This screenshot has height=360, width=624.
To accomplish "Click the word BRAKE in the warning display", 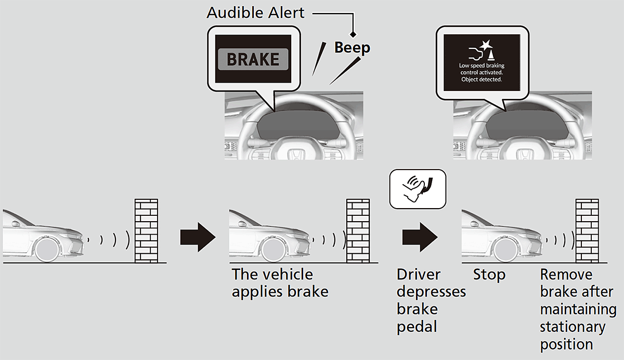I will (253, 59).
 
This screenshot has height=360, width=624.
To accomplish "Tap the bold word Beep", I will (352, 48).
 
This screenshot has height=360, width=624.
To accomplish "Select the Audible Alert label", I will (255, 12).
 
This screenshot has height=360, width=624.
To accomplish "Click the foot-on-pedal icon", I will (417, 187).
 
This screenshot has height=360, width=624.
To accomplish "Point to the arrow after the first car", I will (198, 238).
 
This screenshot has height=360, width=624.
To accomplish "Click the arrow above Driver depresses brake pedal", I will (420, 238).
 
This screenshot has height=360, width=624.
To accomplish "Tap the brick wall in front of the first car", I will (146, 230).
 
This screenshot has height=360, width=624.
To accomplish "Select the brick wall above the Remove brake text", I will (586, 230).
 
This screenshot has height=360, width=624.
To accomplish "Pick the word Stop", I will (489, 275).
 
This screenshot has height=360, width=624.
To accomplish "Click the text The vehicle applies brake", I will (280, 282).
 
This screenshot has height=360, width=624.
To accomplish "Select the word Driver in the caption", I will (419, 275).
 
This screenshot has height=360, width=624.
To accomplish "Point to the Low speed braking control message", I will (482, 72).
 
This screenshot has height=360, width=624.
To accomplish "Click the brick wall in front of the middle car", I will (358, 230).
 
